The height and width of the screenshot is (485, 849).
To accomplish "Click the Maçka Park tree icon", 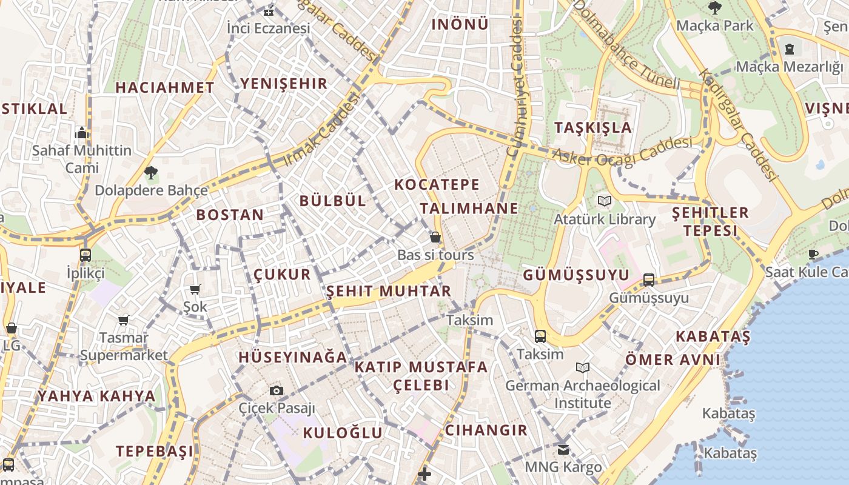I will click(714, 8).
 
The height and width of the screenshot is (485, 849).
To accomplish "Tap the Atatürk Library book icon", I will click(604, 201).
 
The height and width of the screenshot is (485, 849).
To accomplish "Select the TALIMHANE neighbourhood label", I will click(469, 209).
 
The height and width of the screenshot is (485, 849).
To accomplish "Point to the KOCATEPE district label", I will click(437, 184).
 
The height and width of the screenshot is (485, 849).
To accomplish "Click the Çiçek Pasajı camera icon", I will click(277, 390).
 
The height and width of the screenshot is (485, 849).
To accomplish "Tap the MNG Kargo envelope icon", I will click(563, 449).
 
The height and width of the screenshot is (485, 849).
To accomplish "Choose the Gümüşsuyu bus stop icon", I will click(648, 279).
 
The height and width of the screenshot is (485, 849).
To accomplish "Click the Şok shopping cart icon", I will click(195, 290).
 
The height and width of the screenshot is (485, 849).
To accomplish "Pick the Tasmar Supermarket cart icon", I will click(124, 320).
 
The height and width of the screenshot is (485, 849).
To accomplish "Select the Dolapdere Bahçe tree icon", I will click(150, 173).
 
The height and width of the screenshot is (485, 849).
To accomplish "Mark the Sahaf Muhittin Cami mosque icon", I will click(82, 133).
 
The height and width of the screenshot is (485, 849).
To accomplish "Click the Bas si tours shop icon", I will click(435, 237).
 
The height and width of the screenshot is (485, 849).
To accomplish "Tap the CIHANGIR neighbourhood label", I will click(486, 430).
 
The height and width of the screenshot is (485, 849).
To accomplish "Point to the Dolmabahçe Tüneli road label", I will click(625, 44).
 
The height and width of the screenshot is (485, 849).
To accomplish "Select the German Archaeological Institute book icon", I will click(583, 367).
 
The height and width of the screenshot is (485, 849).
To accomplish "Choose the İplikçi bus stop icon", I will click(85, 255).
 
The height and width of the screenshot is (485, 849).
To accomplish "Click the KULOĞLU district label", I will click(343, 433).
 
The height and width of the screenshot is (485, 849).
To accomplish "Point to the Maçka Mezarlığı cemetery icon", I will click(790, 48).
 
